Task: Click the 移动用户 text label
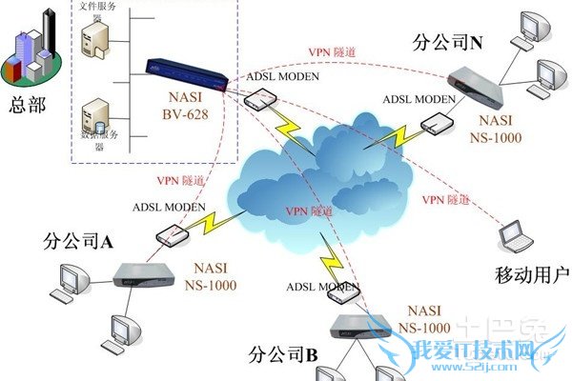pos(532,276)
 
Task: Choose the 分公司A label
pos(79,242)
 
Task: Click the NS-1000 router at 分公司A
pos(145,276)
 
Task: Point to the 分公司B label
pos(282,356)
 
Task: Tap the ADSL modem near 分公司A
pos(171,234)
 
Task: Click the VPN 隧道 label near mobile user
pos(445,199)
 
